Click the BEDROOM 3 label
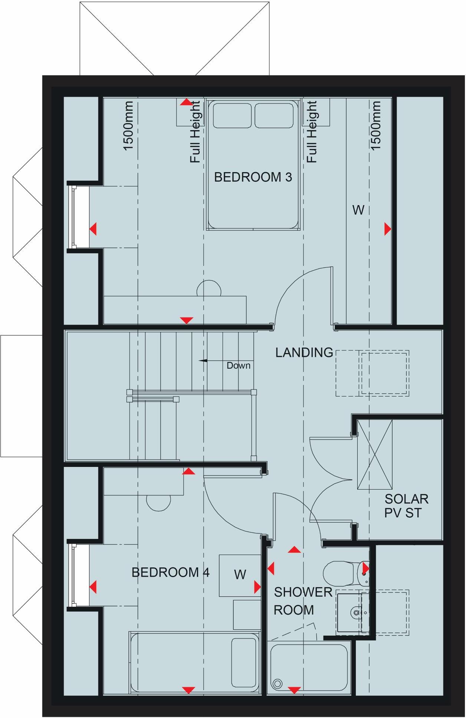(253, 177)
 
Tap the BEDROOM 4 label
(170, 572)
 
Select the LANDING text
(304, 352)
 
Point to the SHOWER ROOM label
(302, 601)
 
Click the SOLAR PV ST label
(406, 506)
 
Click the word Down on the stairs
(238, 366)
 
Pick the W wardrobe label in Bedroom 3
(358, 210)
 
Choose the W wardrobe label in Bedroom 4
(240, 574)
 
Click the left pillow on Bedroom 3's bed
(232, 115)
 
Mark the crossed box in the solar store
(375, 454)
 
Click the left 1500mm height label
(128, 126)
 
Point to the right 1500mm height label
(376, 126)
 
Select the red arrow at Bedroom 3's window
(93, 229)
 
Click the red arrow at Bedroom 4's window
(93, 587)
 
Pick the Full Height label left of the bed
(195, 132)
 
